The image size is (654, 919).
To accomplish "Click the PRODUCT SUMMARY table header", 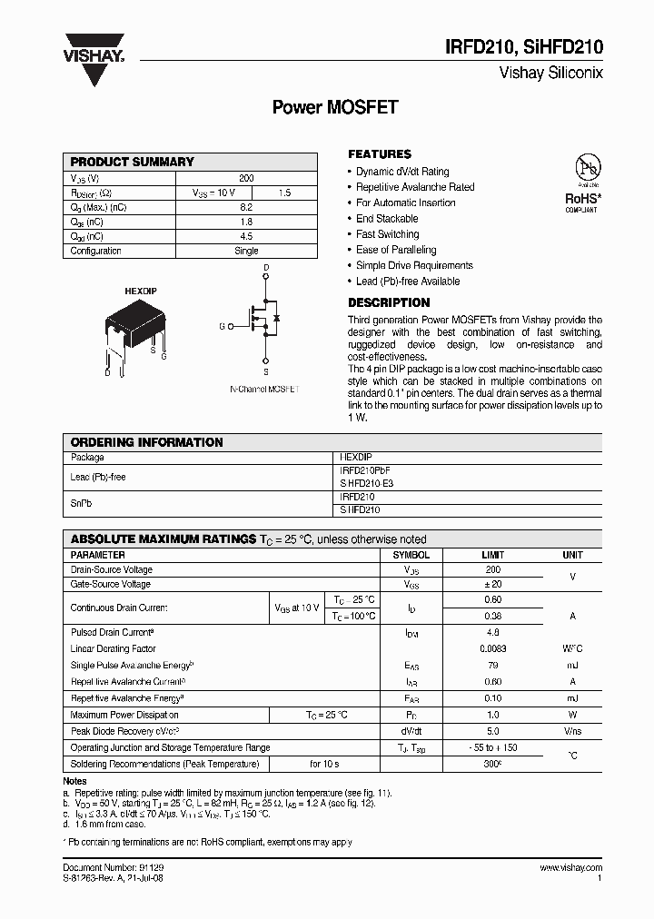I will coord(133,162).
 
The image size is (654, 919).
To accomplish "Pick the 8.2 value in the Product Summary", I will coord(246,207).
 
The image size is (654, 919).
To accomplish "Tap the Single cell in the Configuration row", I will coord(246,251).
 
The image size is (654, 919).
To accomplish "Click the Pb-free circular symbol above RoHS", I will coord(587,168).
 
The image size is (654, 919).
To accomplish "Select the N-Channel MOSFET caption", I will coord(263,389).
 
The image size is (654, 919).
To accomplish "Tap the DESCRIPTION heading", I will coord(389,302).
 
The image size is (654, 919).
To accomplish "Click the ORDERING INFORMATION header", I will coord(146,442).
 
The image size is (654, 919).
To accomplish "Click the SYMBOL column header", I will coord(411,555).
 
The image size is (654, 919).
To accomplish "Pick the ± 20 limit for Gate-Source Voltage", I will coord(492,585).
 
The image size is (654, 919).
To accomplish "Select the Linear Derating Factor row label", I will coord(114,649).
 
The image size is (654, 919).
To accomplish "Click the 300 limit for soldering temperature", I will coord(493,764).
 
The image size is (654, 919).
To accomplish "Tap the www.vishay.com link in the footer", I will coord(570,868).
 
